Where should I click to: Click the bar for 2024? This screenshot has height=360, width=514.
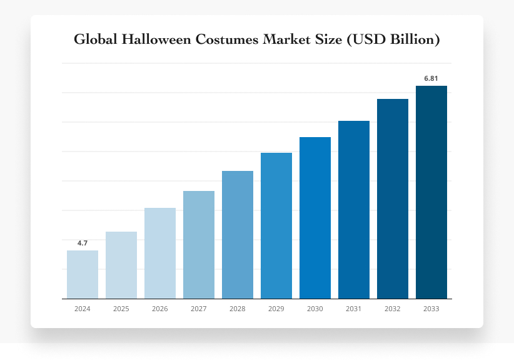83,274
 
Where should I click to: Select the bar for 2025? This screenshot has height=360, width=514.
121,265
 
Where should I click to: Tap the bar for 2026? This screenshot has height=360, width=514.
160,253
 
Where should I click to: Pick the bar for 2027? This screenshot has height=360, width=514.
199,245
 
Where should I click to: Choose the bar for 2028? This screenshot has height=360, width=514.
238,235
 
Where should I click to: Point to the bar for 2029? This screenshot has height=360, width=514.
276,225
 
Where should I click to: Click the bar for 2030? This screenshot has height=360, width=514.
315,218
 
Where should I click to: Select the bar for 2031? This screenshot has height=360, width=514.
354,210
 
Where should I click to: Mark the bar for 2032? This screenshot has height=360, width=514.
393,198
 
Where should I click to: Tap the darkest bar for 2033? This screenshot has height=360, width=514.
431,192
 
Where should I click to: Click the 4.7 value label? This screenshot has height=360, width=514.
83,243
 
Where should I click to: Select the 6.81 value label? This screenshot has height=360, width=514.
431,78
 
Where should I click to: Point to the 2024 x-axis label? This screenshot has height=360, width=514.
83,309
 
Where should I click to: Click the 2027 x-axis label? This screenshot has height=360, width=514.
199,309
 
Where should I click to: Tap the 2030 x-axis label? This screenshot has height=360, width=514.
315,309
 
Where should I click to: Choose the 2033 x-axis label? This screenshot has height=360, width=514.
431,309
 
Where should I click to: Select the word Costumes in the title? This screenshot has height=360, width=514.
226,39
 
